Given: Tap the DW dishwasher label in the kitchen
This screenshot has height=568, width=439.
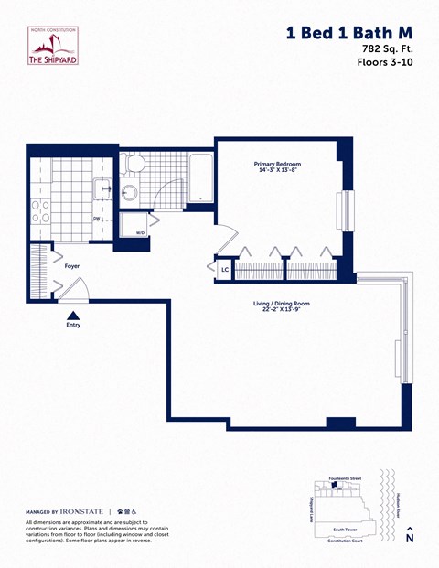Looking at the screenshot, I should click(96, 219).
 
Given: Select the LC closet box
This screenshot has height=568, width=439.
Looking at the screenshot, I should click(224, 270).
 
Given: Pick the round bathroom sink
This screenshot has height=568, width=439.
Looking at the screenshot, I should click(129, 193).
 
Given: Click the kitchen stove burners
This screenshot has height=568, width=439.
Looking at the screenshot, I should click(42, 212).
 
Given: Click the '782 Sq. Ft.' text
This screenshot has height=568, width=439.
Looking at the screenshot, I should click(382, 48).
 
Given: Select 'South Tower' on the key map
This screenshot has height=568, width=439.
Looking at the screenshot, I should click(345, 529).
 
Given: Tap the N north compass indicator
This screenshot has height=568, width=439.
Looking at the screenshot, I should click(410, 535).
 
